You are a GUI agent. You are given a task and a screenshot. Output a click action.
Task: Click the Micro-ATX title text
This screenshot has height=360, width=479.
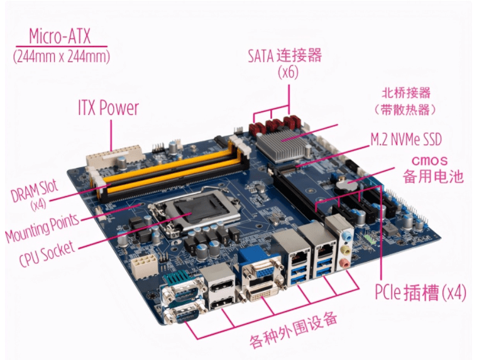[x=60, y=36]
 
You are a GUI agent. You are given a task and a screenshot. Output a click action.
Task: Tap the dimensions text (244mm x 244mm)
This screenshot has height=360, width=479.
[x=62, y=56]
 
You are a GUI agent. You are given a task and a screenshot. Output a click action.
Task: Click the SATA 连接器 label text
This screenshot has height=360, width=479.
[x=285, y=55]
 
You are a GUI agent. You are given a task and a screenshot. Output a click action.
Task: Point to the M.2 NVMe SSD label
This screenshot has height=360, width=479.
[x=406, y=139]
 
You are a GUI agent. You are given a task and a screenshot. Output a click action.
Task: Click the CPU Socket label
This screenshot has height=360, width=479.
[x=47, y=253]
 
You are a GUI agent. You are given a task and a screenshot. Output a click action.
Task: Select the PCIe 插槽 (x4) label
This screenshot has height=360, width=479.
[x=421, y=293]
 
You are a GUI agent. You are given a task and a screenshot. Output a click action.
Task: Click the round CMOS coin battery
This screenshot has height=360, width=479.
[x=346, y=185]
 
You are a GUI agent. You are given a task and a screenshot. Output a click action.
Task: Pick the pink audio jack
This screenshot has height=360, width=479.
[x=344, y=263]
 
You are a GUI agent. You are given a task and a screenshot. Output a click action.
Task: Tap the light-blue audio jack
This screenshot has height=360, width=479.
[x=346, y=236]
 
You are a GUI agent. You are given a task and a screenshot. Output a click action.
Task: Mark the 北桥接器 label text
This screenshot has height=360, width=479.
[x=406, y=93]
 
